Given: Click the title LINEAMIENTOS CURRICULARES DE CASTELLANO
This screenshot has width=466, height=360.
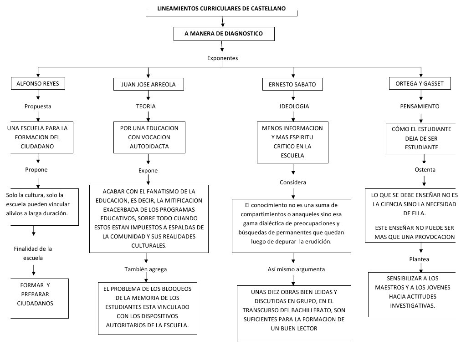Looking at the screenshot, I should click(222, 9).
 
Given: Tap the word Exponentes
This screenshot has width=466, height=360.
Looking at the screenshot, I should click(222, 58).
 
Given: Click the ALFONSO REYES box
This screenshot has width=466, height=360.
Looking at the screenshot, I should click(38, 84).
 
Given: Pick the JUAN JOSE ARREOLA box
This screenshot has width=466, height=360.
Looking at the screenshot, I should click(149, 85).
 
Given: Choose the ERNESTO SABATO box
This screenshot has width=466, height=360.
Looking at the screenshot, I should click(292, 85).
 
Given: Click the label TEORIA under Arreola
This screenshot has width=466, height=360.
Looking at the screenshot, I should click(146, 106).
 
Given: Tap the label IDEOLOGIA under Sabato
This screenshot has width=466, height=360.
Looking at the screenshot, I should click(294, 106).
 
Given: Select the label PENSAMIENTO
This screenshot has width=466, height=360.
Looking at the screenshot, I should click(420, 106).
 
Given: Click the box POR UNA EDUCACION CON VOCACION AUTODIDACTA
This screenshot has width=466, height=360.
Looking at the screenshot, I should click(149, 137).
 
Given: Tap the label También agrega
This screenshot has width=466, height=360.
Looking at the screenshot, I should click(146, 269).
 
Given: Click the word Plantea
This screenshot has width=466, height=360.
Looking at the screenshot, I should click(419, 259).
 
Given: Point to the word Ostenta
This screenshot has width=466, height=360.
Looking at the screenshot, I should click(425, 170).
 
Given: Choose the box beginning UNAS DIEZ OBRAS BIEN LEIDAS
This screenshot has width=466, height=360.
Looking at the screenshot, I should click(294, 314).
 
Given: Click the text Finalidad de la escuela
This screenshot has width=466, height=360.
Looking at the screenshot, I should click(33, 253).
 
